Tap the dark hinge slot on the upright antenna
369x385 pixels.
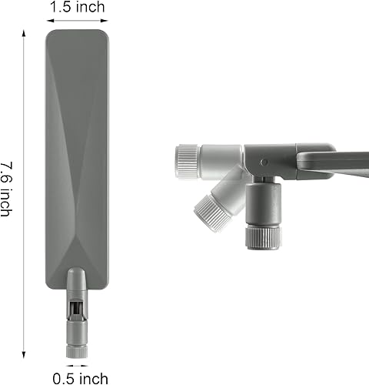coord(75,310)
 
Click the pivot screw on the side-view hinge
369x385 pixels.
coord(264,162)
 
